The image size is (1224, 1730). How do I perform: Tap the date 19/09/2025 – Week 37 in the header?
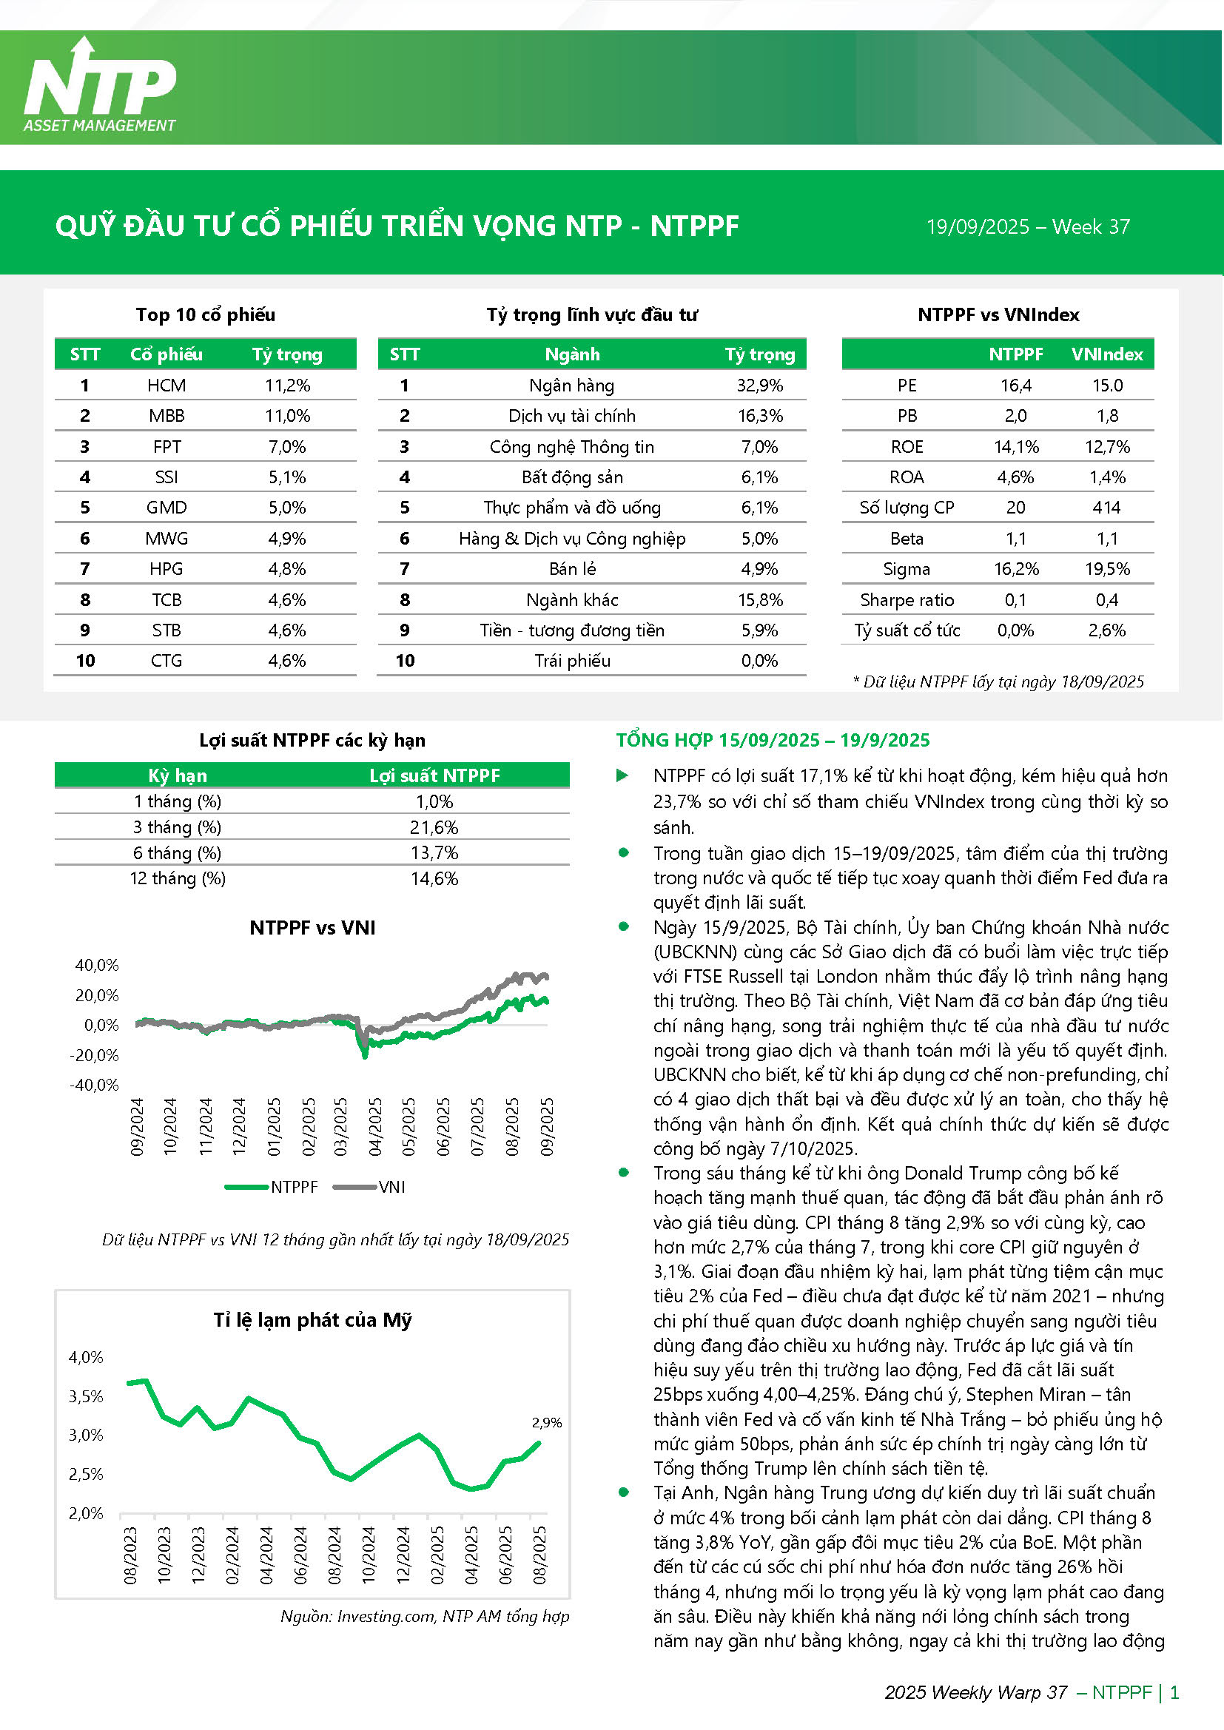(1027, 227)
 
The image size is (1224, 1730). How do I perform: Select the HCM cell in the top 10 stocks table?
(167, 386)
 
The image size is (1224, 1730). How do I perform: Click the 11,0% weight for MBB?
(287, 416)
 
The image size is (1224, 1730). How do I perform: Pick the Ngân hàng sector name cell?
(571, 386)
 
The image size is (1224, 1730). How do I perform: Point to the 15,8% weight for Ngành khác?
(760, 600)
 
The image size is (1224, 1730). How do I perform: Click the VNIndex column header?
(1106, 354)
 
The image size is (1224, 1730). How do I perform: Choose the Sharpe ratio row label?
(907, 600)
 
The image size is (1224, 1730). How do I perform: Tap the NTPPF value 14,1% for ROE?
(1015, 447)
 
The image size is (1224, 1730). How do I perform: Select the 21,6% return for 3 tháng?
(434, 827)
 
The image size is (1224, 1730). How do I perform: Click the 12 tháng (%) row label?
(178, 878)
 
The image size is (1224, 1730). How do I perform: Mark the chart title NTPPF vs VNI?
(312, 928)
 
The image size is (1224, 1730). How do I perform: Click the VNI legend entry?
(391, 1187)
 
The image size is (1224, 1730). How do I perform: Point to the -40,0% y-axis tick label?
(94, 1085)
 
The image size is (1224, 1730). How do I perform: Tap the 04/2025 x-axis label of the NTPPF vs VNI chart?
(374, 1126)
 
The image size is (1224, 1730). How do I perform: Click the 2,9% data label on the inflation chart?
(546, 1423)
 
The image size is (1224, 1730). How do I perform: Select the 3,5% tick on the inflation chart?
(86, 1396)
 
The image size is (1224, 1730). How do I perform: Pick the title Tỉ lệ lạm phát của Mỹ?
(312, 1320)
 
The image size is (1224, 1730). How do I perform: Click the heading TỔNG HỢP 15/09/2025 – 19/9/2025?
(773, 740)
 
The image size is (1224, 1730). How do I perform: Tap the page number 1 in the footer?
(1174, 1692)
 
